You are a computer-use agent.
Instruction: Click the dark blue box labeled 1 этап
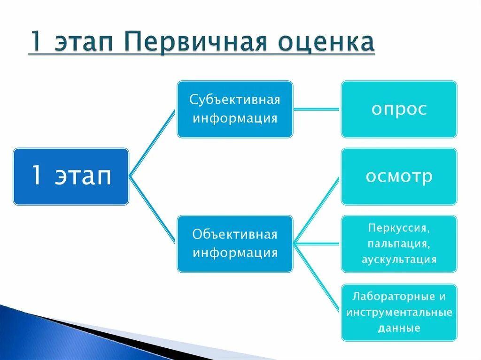(x=71, y=176)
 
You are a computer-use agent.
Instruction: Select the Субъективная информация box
(x=235, y=109)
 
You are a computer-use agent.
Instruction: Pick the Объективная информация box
(x=235, y=244)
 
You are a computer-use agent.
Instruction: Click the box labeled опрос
(x=399, y=109)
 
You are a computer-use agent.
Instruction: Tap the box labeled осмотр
(x=399, y=176)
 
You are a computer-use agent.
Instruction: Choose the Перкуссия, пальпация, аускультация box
(x=399, y=244)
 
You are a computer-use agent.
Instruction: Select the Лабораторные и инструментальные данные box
(x=399, y=312)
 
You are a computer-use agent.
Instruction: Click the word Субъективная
(x=235, y=100)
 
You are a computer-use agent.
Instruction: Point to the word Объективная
(x=235, y=235)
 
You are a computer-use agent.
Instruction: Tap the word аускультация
(x=399, y=260)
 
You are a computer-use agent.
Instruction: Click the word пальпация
(x=399, y=244)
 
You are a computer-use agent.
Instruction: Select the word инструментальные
(x=399, y=312)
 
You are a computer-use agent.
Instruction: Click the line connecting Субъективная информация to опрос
(x=317, y=109)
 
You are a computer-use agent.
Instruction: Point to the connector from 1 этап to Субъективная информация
(x=152, y=143)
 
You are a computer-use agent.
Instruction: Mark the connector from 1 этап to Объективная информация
(x=152, y=210)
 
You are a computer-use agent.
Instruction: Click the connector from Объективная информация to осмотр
(x=316, y=211)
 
